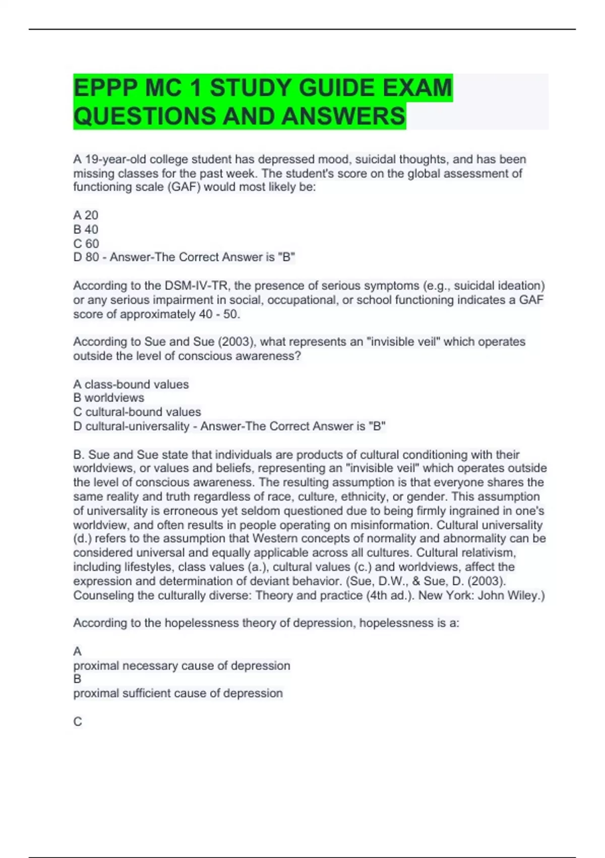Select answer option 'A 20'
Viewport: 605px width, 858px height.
point(86,216)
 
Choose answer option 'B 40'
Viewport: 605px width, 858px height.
point(86,230)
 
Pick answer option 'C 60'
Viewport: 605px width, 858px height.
point(86,244)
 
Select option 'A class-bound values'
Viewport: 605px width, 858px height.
point(131,385)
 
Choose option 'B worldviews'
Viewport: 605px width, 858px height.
point(108,398)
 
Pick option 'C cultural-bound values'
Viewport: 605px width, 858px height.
point(137,412)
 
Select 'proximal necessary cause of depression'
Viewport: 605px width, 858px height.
point(181,666)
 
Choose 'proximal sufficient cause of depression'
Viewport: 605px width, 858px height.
point(178,693)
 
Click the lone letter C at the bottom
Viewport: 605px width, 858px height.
point(78,722)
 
